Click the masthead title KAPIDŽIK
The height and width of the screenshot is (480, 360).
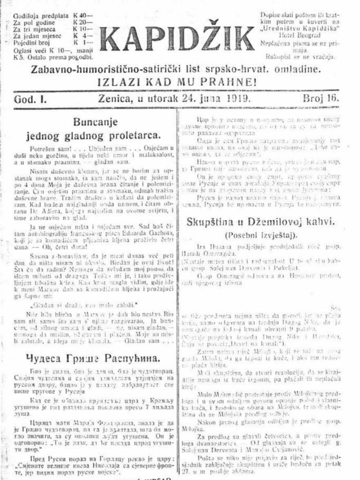point(177,38)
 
